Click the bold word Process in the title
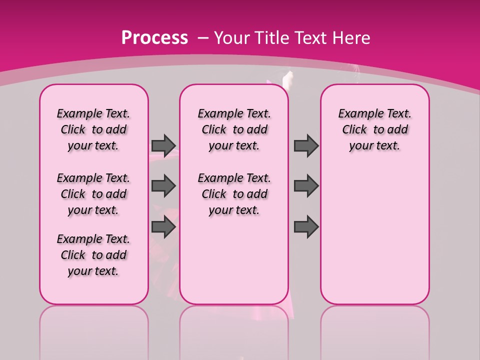[154, 37]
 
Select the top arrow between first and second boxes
[163, 145]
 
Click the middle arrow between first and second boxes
[163, 186]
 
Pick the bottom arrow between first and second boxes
[163, 227]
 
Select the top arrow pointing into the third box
[306, 145]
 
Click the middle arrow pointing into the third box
[306, 186]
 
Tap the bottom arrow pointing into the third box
[306, 227]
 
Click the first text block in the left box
[93, 129]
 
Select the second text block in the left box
[93, 194]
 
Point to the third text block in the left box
[93, 255]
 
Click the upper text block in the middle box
[234, 129]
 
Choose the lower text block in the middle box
[234, 194]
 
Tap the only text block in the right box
[374, 129]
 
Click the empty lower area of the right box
[374, 235]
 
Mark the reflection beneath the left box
[94, 330]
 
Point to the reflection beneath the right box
[374, 330]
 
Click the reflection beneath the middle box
[234, 330]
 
